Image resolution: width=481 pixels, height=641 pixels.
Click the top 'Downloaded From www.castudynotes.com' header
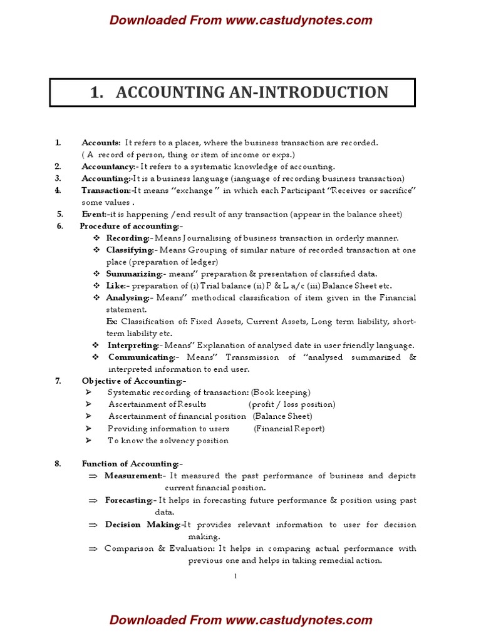tap(240, 20)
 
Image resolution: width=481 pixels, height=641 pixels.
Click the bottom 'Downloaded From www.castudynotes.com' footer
tap(240, 620)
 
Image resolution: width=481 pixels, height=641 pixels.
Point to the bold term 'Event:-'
tap(94, 214)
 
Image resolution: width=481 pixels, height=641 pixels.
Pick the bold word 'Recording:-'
tap(128, 238)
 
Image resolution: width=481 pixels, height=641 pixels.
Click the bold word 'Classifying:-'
tap(130, 250)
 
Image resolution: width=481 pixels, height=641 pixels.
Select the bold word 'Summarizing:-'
tap(134, 274)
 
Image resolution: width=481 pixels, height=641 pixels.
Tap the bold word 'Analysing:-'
tap(128, 297)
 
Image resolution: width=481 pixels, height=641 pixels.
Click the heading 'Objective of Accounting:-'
tap(133, 381)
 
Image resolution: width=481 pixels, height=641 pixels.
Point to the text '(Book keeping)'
tap(281, 392)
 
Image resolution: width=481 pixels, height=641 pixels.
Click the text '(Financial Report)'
tap(289, 429)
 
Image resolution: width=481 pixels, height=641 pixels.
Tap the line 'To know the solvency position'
tap(168, 441)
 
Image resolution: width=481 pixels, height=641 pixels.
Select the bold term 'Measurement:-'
tap(133, 476)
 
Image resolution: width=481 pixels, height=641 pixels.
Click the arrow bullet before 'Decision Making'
tap(93, 525)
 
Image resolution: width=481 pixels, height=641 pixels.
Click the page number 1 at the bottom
tap(235, 577)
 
